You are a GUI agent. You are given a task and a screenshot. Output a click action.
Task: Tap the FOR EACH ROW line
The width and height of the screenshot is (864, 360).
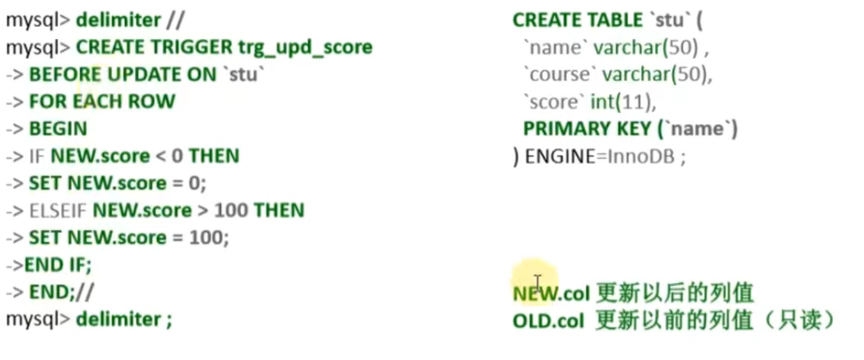point(102,101)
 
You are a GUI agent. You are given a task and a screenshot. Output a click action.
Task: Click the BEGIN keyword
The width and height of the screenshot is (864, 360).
point(58,128)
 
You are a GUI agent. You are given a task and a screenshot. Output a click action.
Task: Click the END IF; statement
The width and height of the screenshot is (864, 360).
point(58,265)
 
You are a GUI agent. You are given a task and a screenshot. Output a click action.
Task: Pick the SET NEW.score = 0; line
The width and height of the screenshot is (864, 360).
point(117,183)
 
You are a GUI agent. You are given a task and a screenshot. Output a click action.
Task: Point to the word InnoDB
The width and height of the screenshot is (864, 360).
point(641,156)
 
